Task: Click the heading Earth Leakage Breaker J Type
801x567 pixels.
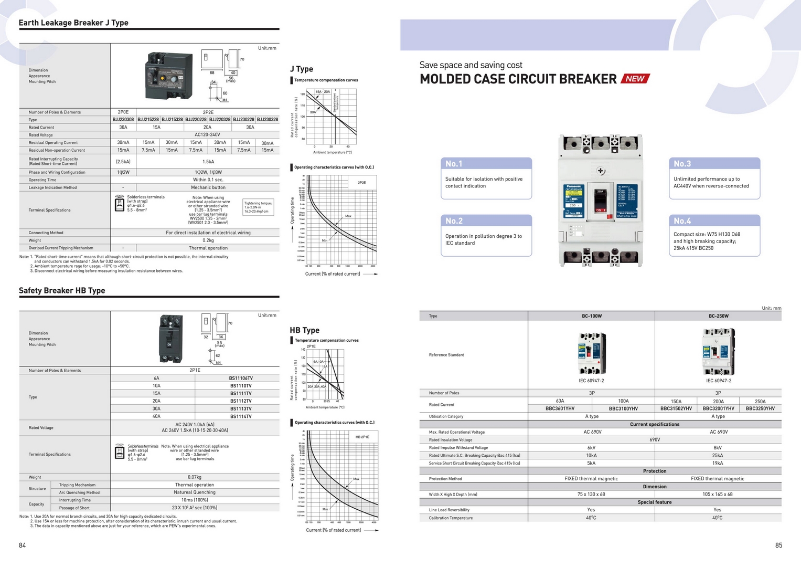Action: tap(73, 23)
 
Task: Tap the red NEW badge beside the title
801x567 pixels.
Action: tap(635, 79)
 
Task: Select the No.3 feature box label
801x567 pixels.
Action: tap(682, 164)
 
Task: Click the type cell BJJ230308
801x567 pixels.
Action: tap(123, 120)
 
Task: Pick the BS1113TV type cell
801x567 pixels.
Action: tap(241, 408)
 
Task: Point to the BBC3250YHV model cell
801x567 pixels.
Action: tap(760, 408)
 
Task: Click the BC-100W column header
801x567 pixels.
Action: tap(592, 316)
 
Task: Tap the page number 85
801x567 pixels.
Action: tap(778, 545)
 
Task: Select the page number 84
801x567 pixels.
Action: tap(22, 545)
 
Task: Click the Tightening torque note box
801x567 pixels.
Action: tap(258, 207)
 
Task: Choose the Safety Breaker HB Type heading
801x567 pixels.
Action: tap(62, 290)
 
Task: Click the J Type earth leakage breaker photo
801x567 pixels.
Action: tap(169, 76)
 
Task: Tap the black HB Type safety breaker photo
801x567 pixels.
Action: tap(171, 339)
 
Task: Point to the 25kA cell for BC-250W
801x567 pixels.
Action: tap(718, 456)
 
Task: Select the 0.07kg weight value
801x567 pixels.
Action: tap(195, 477)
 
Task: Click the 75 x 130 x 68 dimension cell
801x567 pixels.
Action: tap(591, 495)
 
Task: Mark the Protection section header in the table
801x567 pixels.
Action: tap(654, 471)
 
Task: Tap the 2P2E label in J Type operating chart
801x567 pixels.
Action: tap(361, 183)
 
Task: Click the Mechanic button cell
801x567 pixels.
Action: tap(208, 187)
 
